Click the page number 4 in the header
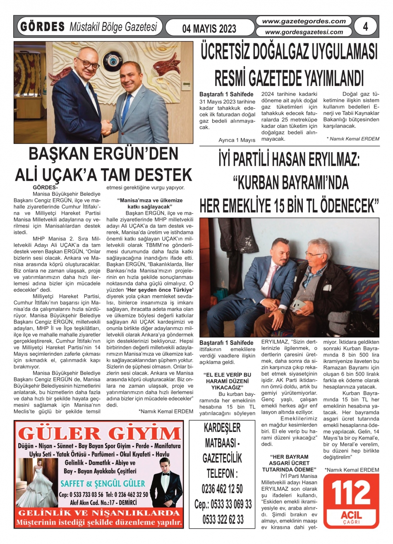365,26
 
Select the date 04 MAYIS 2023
210,29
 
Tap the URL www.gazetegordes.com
304,21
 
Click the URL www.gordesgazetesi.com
304,32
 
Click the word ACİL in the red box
351,515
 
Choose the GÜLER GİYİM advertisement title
99,433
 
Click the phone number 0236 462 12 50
223,489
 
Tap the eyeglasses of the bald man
88,63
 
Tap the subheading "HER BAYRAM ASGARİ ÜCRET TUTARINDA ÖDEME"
289,463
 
